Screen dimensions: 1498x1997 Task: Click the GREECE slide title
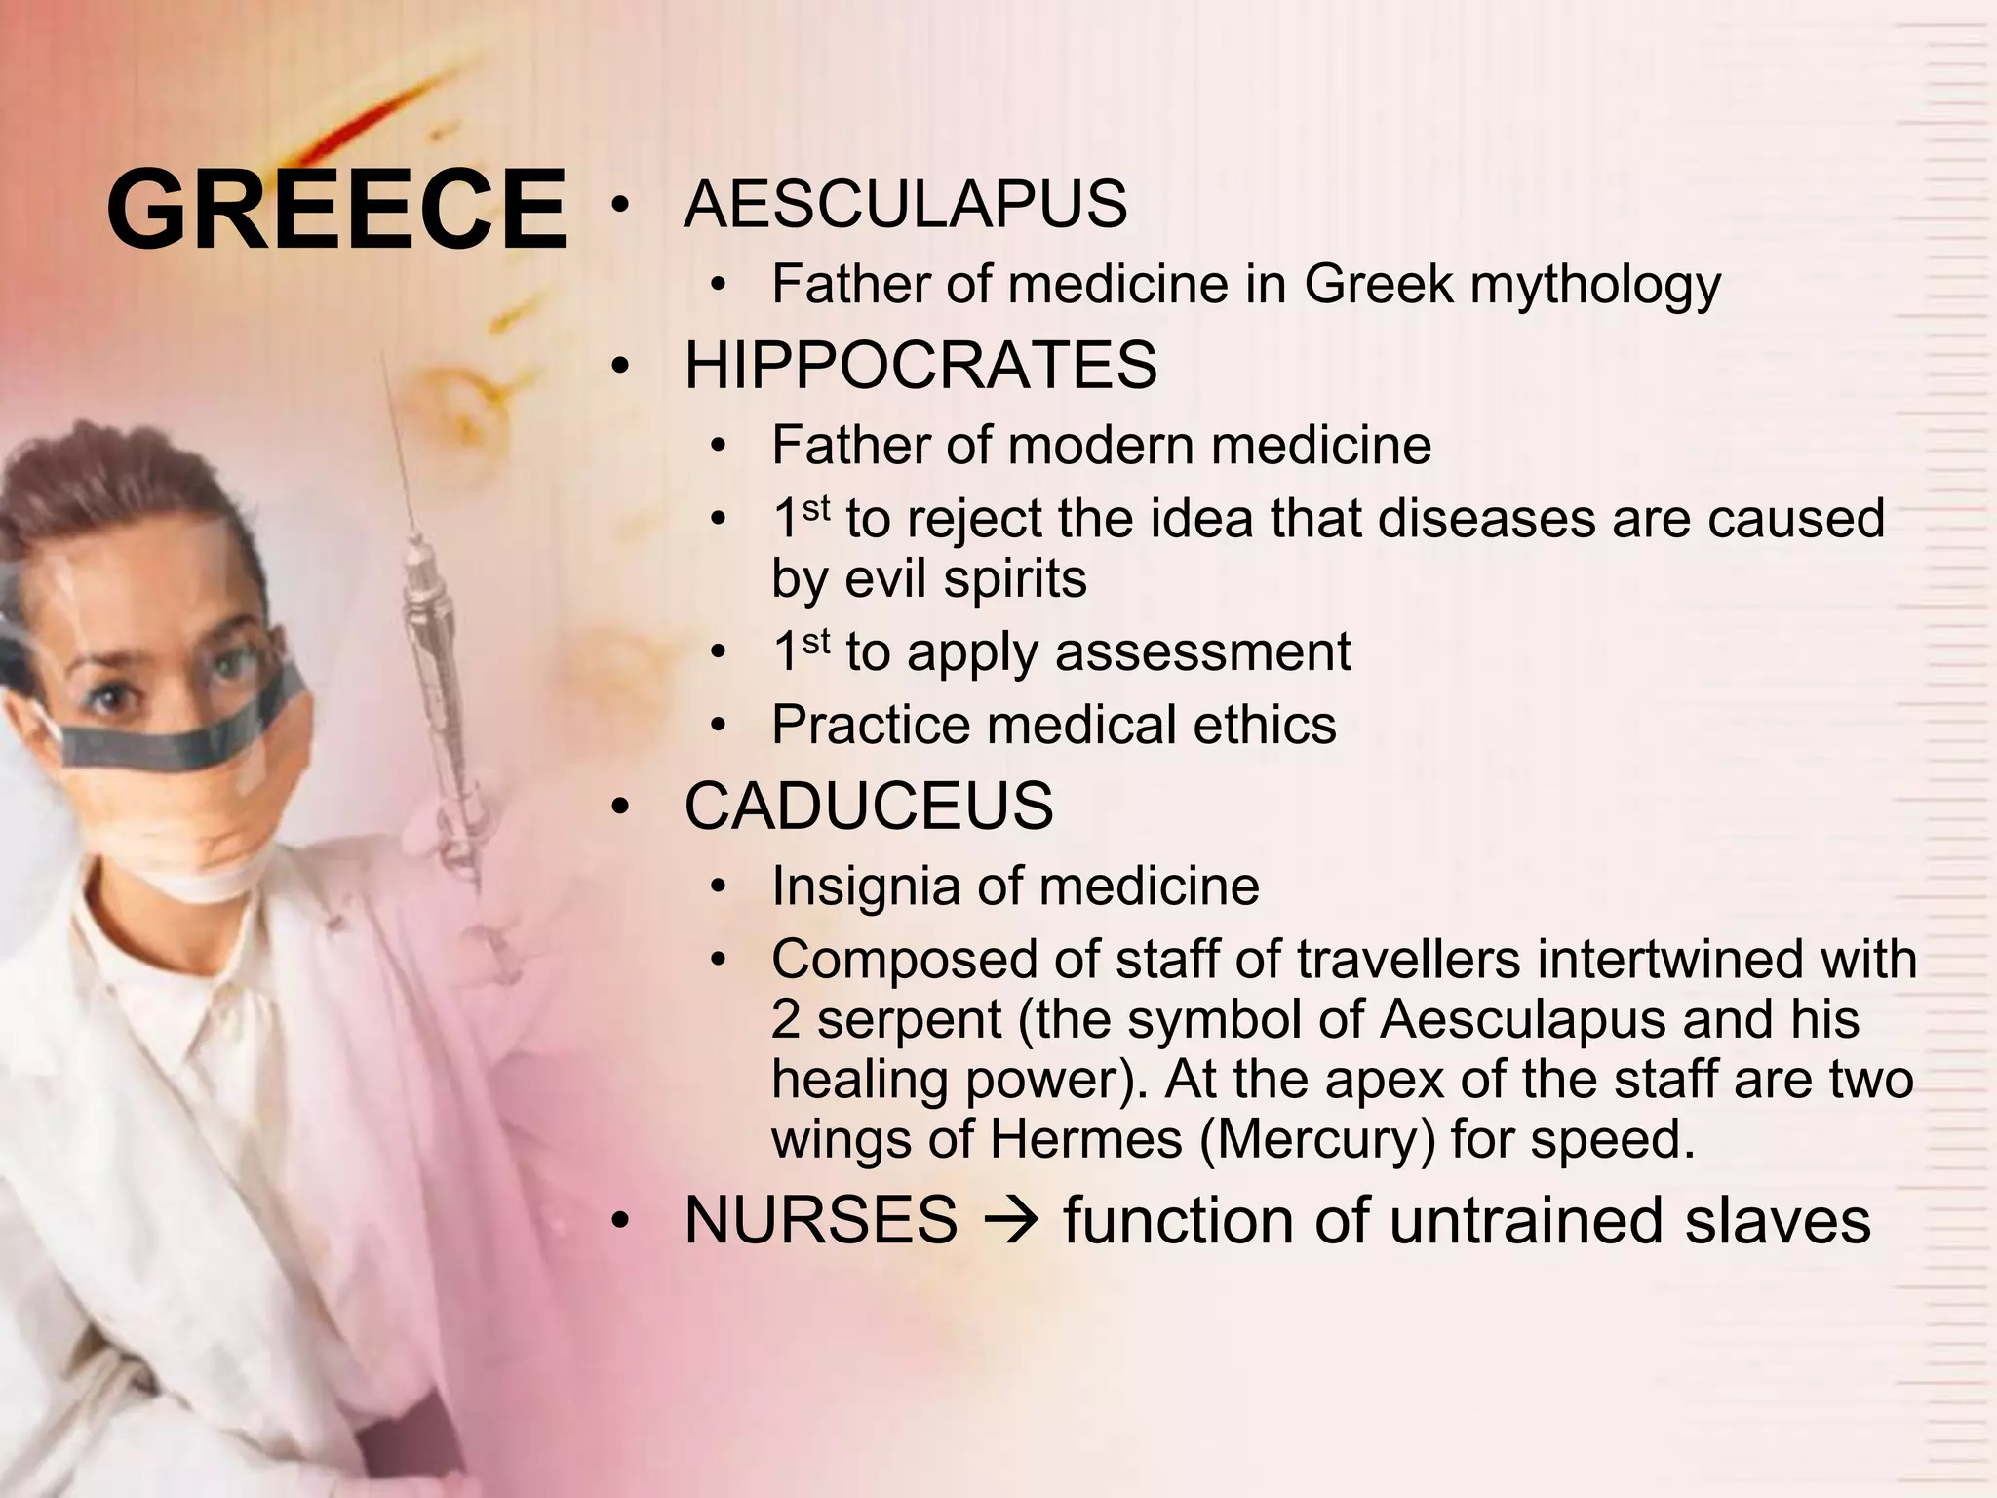coord(336,210)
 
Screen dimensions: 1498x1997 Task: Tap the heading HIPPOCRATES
coord(920,366)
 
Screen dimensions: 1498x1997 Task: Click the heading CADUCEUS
coord(869,807)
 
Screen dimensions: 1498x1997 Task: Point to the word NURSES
coord(821,1220)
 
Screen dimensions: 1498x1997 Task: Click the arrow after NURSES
coord(1010,1221)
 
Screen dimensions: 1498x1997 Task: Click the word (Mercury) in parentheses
coord(1317,1139)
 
